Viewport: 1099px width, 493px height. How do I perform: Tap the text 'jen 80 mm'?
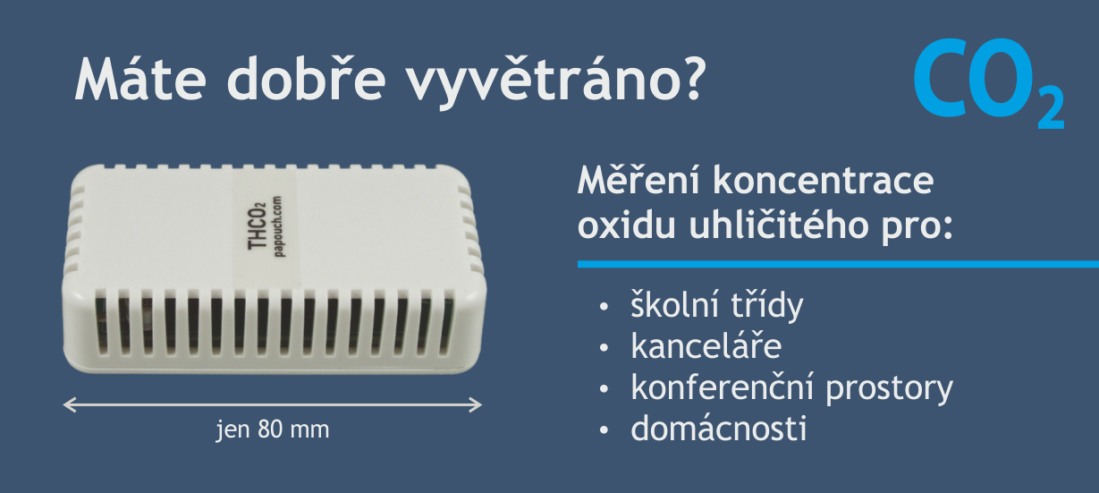273,429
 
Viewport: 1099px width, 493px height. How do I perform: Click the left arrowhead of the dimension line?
69,404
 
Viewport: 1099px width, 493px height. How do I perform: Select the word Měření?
638,181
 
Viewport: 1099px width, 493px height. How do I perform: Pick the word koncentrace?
824,181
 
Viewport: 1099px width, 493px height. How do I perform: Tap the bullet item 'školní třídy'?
716,306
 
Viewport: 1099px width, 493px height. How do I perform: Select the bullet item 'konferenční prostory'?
791,388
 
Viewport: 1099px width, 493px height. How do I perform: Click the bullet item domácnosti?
718,429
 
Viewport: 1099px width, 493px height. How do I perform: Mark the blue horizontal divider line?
837,264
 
